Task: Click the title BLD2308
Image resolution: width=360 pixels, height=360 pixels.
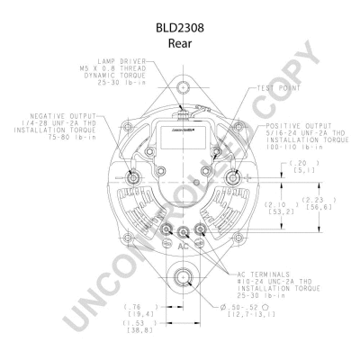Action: [x=180, y=28]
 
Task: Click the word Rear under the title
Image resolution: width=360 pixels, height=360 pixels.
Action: [x=180, y=42]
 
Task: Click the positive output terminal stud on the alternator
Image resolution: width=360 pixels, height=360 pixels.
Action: [x=236, y=176]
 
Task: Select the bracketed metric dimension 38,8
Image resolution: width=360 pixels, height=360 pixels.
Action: [x=138, y=331]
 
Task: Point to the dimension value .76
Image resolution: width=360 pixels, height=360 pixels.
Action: [x=133, y=306]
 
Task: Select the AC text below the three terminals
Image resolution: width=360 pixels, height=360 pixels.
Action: [x=182, y=245]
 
